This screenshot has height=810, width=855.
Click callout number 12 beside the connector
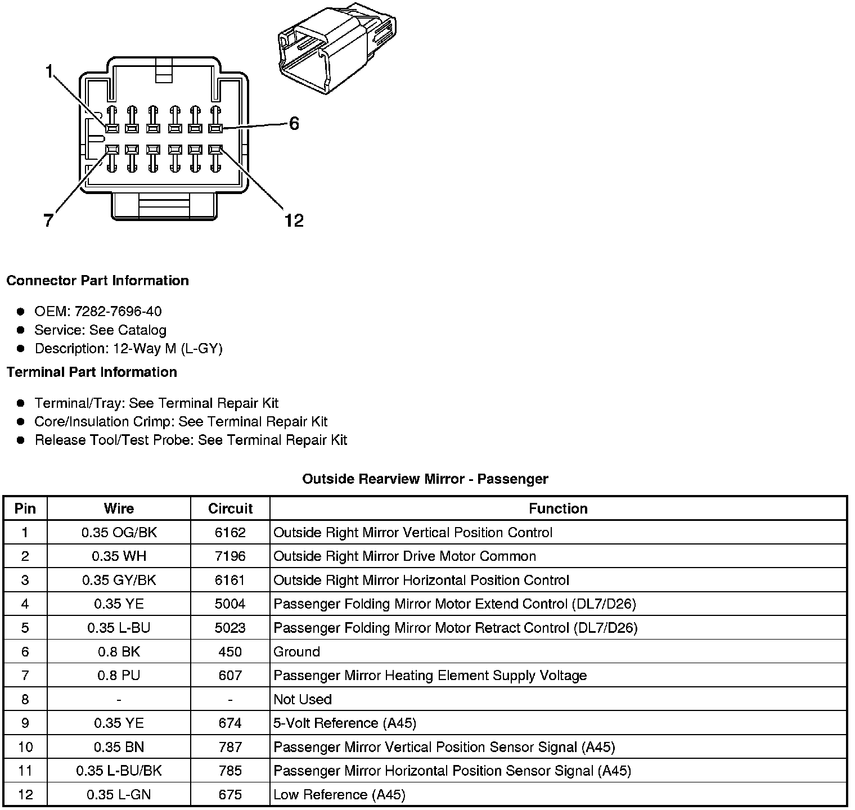click(294, 220)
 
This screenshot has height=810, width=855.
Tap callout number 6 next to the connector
click(294, 124)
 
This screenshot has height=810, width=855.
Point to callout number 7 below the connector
click(49, 220)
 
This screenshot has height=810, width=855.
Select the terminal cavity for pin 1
click(111, 129)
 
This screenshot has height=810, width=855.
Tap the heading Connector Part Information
click(97, 281)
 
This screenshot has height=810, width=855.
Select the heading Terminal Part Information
click(92, 372)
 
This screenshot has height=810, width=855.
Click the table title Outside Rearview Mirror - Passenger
click(425, 479)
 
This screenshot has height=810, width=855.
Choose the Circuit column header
click(230, 508)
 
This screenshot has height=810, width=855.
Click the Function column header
click(558, 508)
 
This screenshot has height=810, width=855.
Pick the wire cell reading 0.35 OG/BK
click(119, 533)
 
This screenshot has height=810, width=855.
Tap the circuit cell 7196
click(230, 556)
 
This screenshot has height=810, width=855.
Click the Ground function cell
click(296, 652)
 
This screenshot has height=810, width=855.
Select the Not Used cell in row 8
click(303, 699)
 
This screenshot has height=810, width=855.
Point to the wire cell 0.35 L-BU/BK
click(119, 771)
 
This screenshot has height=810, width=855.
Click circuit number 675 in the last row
click(230, 795)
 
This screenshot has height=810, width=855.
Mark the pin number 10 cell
click(25, 747)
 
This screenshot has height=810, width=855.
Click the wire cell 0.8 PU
click(119, 676)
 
